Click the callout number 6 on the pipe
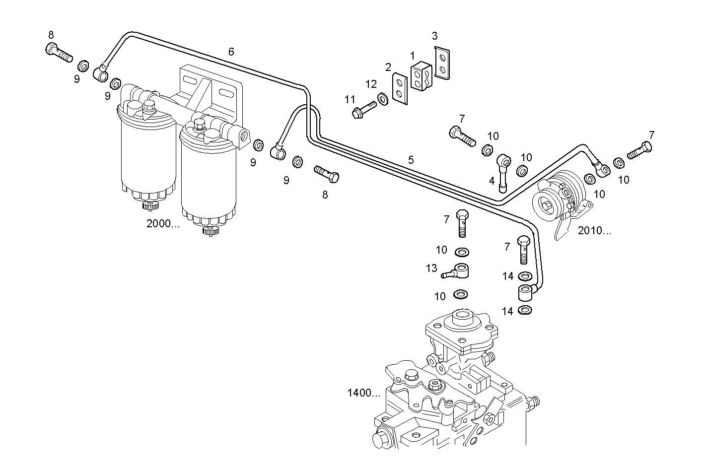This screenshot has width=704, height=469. click(x=231, y=52)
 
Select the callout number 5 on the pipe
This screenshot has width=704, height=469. click(x=411, y=160)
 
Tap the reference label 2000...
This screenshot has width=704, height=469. click(x=163, y=223)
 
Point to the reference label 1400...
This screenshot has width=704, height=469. click(x=363, y=393)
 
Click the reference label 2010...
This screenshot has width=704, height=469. click(x=594, y=230)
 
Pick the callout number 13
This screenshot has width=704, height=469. click(x=431, y=268)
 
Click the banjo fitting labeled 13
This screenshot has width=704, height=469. click(x=459, y=272)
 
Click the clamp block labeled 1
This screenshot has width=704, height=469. click(x=422, y=77)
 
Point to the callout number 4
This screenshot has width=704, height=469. click(x=492, y=181)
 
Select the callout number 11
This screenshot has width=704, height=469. click(x=350, y=100)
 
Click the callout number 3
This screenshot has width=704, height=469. click(x=434, y=36)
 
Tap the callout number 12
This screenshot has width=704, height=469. click(x=371, y=84)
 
